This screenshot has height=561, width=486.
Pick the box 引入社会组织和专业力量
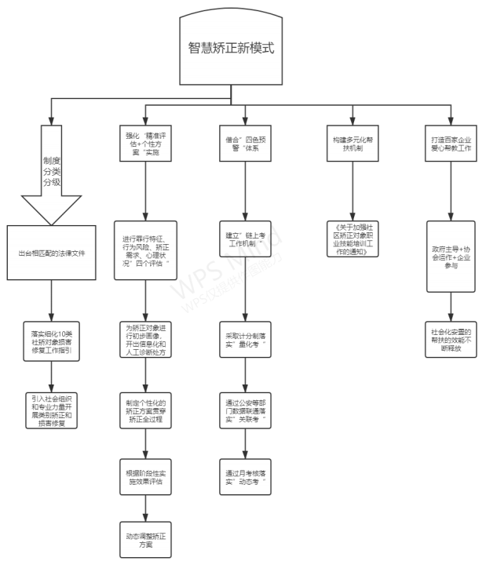click(52, 410)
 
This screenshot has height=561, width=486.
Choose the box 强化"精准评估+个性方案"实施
click(146, 142)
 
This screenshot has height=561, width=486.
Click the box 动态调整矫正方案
click(146, 540)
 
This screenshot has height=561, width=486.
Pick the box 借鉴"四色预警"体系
click(244, 142)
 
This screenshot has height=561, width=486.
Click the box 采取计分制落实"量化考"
click(244, 337)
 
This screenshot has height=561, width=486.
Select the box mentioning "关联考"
click(244, 410)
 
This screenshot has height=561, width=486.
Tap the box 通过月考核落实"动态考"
click(244, 479)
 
